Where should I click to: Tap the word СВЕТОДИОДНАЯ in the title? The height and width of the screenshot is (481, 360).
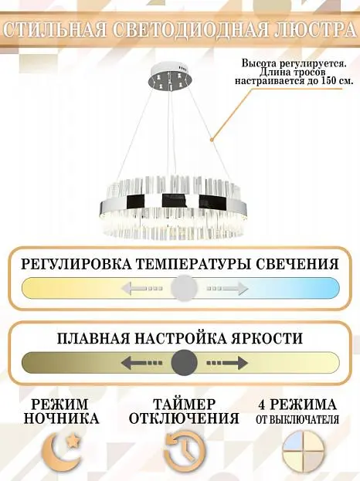[x=187, y=30]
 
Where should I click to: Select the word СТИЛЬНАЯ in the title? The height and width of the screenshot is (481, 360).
[x=54, y=30]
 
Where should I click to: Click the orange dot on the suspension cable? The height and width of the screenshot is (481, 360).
[x=212, y=140]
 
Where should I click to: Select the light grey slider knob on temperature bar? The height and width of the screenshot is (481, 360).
[x=184, y=288]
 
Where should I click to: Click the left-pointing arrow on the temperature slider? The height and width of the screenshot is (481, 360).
[x=142, y=288]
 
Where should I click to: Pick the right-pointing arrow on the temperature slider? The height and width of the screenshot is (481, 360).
[x=227, y=288]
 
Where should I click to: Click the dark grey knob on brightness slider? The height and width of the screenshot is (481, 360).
[x=184, y=363]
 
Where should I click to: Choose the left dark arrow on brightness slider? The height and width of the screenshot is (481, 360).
[x=142, y=363]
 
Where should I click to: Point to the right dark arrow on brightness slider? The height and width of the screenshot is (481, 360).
[x=227, y=363]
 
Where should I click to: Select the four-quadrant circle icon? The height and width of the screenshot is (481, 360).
[x=304, y=450]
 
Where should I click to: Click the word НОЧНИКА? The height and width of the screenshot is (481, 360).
[x=61, y=418]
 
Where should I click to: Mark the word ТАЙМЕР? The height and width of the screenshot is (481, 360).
[x=185, y=405]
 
